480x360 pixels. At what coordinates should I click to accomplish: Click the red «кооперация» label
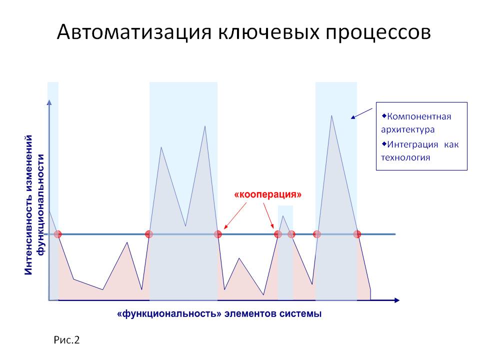coord(267,194)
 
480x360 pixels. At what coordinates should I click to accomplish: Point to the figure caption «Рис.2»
coord(66,340)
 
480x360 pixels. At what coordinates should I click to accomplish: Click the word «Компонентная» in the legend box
coord(419,116)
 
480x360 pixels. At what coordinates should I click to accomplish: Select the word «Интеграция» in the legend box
coord(412,144)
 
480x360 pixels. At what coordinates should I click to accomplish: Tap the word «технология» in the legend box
coord(405,157)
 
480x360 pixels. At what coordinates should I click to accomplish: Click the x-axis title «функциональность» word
coord(169,314)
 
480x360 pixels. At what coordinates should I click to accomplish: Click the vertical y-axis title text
coord(34,204)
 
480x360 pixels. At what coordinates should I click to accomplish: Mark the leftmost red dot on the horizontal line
coord(57,234)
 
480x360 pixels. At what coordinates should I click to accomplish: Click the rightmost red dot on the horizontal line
coord(357,234)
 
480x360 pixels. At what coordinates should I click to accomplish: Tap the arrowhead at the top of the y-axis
coord(49,102)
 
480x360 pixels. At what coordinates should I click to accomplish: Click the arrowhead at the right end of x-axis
coord(397,300)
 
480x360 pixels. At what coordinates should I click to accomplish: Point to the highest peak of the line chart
coord(331,115)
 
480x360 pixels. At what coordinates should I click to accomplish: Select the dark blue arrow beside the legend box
coord(361,113)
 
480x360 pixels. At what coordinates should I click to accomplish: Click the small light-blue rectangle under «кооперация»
coord(285,252)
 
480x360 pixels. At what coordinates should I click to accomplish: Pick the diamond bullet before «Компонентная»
coord(384,116)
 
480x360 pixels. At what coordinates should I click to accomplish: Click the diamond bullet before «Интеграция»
coord(384,143)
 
